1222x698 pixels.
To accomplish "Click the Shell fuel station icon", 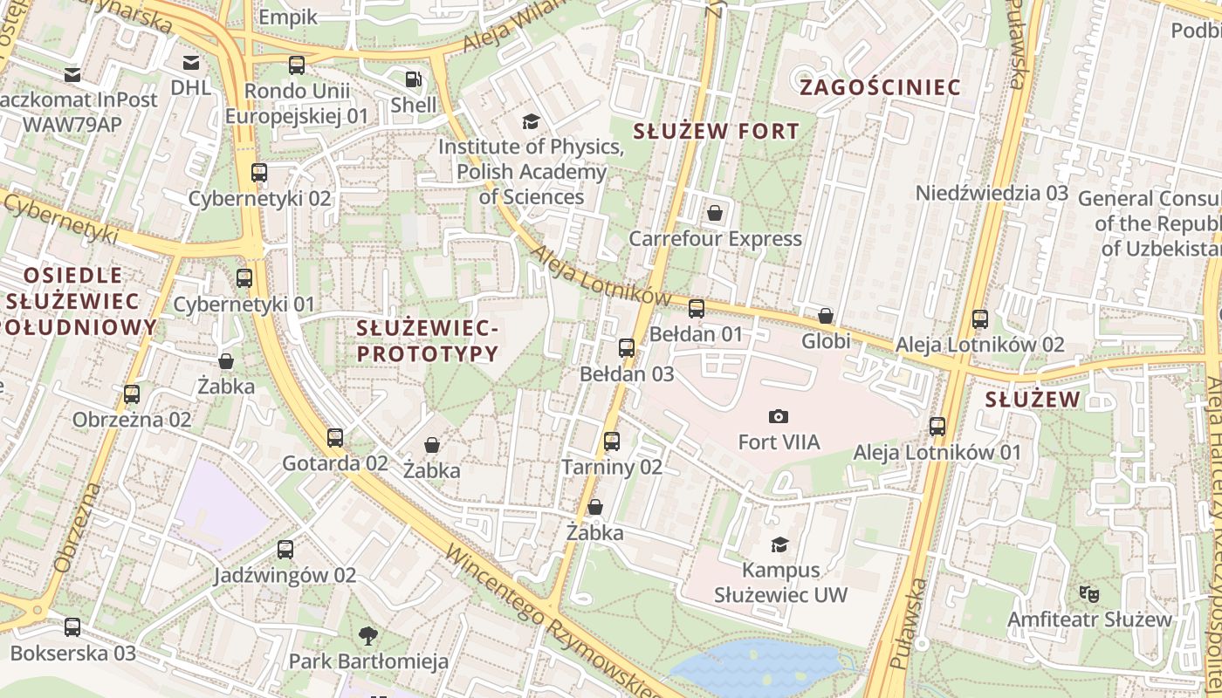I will pyautogui.click(x=413, y=79).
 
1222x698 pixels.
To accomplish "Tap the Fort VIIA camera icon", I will pyautogui.click(x=779, y=417).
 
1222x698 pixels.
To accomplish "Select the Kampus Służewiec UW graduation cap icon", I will pyautogui.click(x=779, y=545).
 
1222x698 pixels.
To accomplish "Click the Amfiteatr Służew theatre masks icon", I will pyautogui.click(x=1088, y=594).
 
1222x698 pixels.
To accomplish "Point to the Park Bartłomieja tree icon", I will pyautogui.click(x=369, y=635).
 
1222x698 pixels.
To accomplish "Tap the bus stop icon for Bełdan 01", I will pyautogui.click(x=697, y=309).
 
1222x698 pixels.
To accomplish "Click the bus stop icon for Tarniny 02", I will pyautogui.click(x=612, y=441).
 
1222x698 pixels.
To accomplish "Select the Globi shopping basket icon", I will pyautogui.click(x=826, y=316).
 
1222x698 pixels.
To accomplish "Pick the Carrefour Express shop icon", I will pyautogui.click(x=715, y=213).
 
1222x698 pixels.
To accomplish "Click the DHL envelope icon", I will pyautogui.click(x=190, y=62).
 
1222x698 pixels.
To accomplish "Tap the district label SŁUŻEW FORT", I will pyautogui.click(x=716, y=132).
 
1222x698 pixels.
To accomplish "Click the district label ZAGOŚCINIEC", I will pyautogui.click(x=880, y=87).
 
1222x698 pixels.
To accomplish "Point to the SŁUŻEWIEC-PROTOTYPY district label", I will pyautogui.click(x=428, y=341).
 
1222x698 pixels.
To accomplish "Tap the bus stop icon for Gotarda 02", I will pyautogui.click(x=335, y=438).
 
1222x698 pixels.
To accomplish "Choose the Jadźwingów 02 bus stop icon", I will pyautogui.click(x=285, y=550).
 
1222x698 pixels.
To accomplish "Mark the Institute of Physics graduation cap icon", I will pyautogui.click(x=531, y=121).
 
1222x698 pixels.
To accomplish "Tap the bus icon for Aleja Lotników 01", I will pyautogui.click(x=937, y=427).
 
